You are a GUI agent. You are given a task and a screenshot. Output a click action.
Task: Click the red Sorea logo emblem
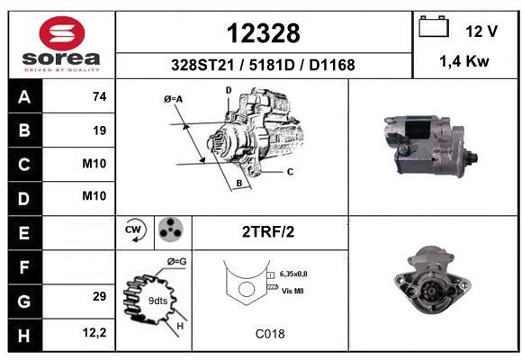(62, 33)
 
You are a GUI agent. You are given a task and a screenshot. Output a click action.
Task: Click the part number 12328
(264, 33)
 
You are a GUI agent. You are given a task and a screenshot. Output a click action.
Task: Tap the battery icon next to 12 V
(434, 26)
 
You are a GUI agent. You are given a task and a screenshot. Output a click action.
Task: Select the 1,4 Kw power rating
(464, 61)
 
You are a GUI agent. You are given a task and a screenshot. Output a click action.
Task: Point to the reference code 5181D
(272, 65)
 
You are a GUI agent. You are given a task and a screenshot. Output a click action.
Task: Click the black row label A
(24, 97)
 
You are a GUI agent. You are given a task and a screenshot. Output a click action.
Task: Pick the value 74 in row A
(100, 96)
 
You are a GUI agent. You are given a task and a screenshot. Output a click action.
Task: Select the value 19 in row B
(100, 130)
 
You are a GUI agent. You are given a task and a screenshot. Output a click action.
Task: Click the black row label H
(24, 336)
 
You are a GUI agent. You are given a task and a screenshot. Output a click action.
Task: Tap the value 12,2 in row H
(94, 332)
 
